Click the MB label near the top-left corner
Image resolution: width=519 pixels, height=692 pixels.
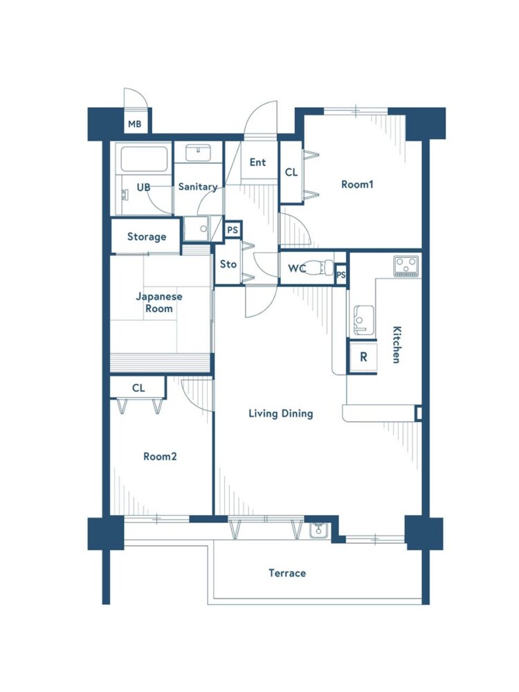[x=135, y=124]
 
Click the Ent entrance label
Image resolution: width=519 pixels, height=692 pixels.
[x=257, y=163]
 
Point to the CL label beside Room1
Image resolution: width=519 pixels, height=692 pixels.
[x=291, y=172]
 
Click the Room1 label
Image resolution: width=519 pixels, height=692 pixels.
[x=357, y=184]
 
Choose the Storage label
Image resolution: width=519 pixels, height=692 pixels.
[x=147, y=237]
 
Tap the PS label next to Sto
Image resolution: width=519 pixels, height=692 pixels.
[x=233, y=230]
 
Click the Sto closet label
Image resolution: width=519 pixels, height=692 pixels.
[x=228, y=264]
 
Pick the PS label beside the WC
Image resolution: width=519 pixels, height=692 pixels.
[x=341, y=275]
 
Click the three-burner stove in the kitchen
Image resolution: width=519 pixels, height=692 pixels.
[x=406, y=266]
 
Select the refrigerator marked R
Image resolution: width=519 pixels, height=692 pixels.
[x=363, y=356]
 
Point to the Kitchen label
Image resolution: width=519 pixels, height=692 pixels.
[x=397, y=344]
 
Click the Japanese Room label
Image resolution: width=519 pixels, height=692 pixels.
[x=159, y=302]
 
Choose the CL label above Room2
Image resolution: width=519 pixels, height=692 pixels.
[x=138, y=388]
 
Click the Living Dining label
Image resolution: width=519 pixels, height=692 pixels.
[x=281, y=414]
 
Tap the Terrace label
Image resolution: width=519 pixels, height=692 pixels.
[x=287, y=573]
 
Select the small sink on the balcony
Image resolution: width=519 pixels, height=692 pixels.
[x=318, y=530]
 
